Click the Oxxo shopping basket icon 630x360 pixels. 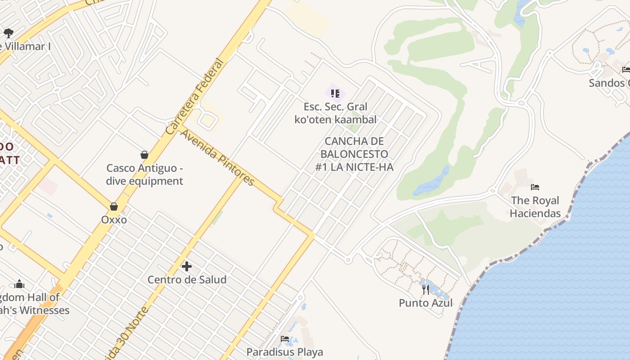[114, 207]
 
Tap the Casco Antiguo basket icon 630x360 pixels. [144, 155]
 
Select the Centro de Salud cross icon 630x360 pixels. [187, 266]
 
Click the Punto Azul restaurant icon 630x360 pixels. [426, 289]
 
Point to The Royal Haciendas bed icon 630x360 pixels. [535, 187]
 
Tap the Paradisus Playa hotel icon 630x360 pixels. [284, 339]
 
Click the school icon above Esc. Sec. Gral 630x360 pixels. [335, 93]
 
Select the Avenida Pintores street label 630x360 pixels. [218, 157]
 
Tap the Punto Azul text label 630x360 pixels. [426, 303]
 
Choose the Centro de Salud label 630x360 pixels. [187, 279]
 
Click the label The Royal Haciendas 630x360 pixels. [535, 207]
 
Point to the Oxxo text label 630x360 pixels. [114, 220]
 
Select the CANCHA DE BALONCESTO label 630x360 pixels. [354, 154]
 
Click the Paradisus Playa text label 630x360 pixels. [284, 351]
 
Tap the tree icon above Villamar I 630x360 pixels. [8, 33]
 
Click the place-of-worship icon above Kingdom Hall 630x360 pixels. [19, 284]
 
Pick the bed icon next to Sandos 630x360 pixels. [626, 69]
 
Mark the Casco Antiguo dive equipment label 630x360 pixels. [144, 175]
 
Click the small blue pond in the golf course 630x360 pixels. [432, 182]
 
